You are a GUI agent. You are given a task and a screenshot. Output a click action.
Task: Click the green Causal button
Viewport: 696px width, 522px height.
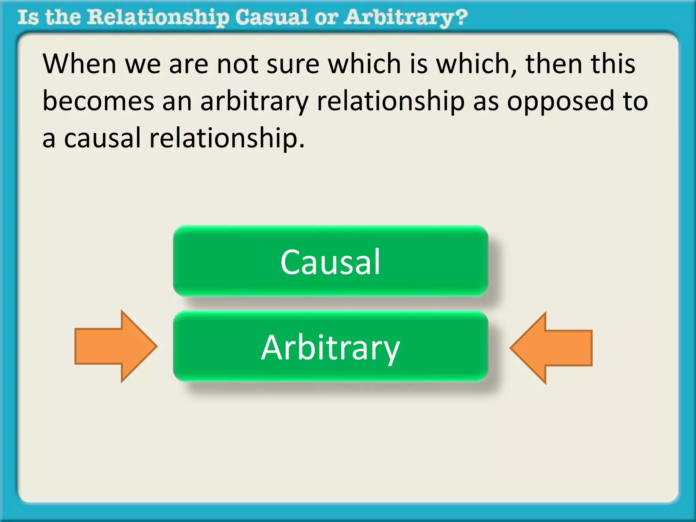[330, 261]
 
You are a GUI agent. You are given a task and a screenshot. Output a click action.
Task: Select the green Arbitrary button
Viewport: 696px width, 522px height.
[330, 347]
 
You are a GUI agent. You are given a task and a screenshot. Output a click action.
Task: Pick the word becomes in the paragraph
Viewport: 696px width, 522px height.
[98, 101]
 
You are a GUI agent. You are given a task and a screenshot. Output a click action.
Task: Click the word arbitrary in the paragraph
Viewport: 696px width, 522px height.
[254, 101]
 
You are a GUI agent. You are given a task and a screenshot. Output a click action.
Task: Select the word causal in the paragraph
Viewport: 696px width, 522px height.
[102, 138]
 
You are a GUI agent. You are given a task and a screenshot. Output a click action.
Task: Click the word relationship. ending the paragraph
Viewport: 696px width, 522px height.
[227, 138]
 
